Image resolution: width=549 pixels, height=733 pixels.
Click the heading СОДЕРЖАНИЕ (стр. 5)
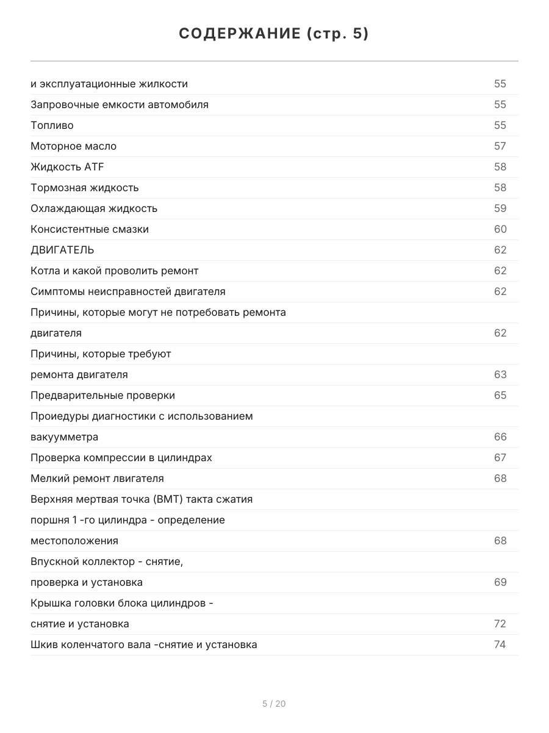point(274,34)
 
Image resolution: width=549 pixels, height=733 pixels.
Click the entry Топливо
point(52,125)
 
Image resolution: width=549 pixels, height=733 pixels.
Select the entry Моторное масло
point(73,146)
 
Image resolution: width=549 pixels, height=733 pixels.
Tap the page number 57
point(500,146)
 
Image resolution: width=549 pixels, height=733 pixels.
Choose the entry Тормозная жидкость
point(85,188)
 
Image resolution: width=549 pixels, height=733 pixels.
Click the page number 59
point(500,208)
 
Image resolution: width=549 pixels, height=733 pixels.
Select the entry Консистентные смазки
point(90,229)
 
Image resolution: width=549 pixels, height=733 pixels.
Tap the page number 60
point(500,229)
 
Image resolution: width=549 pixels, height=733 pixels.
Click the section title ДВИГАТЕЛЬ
point(62,250)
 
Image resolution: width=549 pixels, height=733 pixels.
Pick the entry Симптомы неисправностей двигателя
point(128,291)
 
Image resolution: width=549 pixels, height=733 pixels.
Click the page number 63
point(500,374)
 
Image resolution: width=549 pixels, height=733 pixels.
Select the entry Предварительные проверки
point(102,395)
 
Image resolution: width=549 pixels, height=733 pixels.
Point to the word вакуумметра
point(64,437)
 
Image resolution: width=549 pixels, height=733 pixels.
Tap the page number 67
point(500,458)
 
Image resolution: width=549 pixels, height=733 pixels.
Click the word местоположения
point(74,541)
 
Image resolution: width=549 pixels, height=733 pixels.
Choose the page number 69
point(500,582)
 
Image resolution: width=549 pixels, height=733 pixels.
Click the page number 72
point(500,624)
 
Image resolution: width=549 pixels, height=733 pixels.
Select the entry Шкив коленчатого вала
point(143,644)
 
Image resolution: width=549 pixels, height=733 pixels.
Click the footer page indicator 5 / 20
point(274,704)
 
